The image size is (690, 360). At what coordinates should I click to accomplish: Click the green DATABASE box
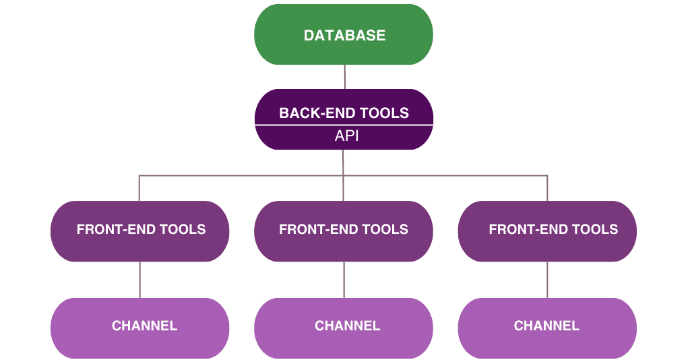[344, 35]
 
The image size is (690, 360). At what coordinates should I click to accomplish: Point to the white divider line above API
[344, 125]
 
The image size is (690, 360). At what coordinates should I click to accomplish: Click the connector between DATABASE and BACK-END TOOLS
[344, 77]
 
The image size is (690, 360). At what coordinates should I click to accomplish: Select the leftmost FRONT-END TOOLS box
[140, 231]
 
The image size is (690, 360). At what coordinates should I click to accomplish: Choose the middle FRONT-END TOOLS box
[344, 231]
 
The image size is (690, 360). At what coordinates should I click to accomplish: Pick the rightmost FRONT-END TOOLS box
[547, 231]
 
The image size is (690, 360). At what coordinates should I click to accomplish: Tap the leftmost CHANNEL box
[140, 328]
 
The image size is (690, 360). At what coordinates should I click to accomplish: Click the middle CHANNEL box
[344, 328]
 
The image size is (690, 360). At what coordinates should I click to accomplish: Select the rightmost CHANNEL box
[547, 328]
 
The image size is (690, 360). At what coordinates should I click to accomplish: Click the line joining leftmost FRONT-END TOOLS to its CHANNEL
[140, 280]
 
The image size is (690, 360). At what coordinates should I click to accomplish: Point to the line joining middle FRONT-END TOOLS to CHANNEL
[344, 280]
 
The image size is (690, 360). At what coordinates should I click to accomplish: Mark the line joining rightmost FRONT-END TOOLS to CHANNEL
[547, 280]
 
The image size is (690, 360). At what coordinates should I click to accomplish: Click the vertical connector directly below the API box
[344, 162]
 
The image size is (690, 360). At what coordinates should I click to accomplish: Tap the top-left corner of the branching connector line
[139, 176]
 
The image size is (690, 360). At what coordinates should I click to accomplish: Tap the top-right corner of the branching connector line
[547, 176]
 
